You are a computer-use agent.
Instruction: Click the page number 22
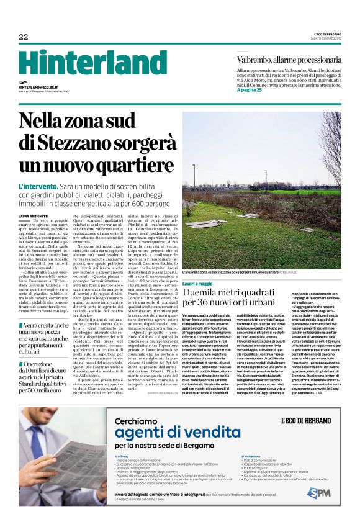(x=23, y=37)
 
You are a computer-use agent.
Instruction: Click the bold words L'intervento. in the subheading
(x=38, y=186)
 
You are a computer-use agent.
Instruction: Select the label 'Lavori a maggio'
(x=197, y=283)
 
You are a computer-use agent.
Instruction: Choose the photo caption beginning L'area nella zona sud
(x=236, y=273)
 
